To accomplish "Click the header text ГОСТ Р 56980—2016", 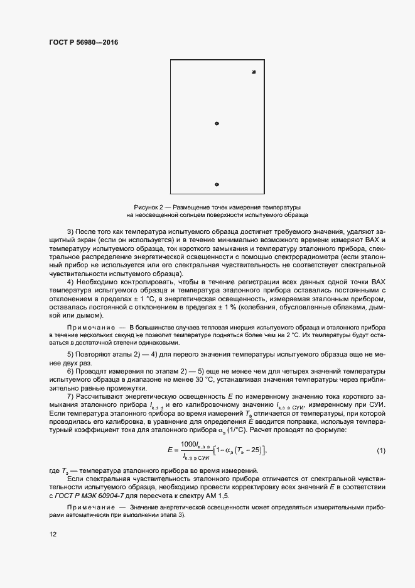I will [84, 43].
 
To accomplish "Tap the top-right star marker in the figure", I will [254, 73].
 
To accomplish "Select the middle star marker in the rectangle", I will [217, 124].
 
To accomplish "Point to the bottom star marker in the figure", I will [217, 185].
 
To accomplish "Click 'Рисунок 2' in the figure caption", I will [148, 207].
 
